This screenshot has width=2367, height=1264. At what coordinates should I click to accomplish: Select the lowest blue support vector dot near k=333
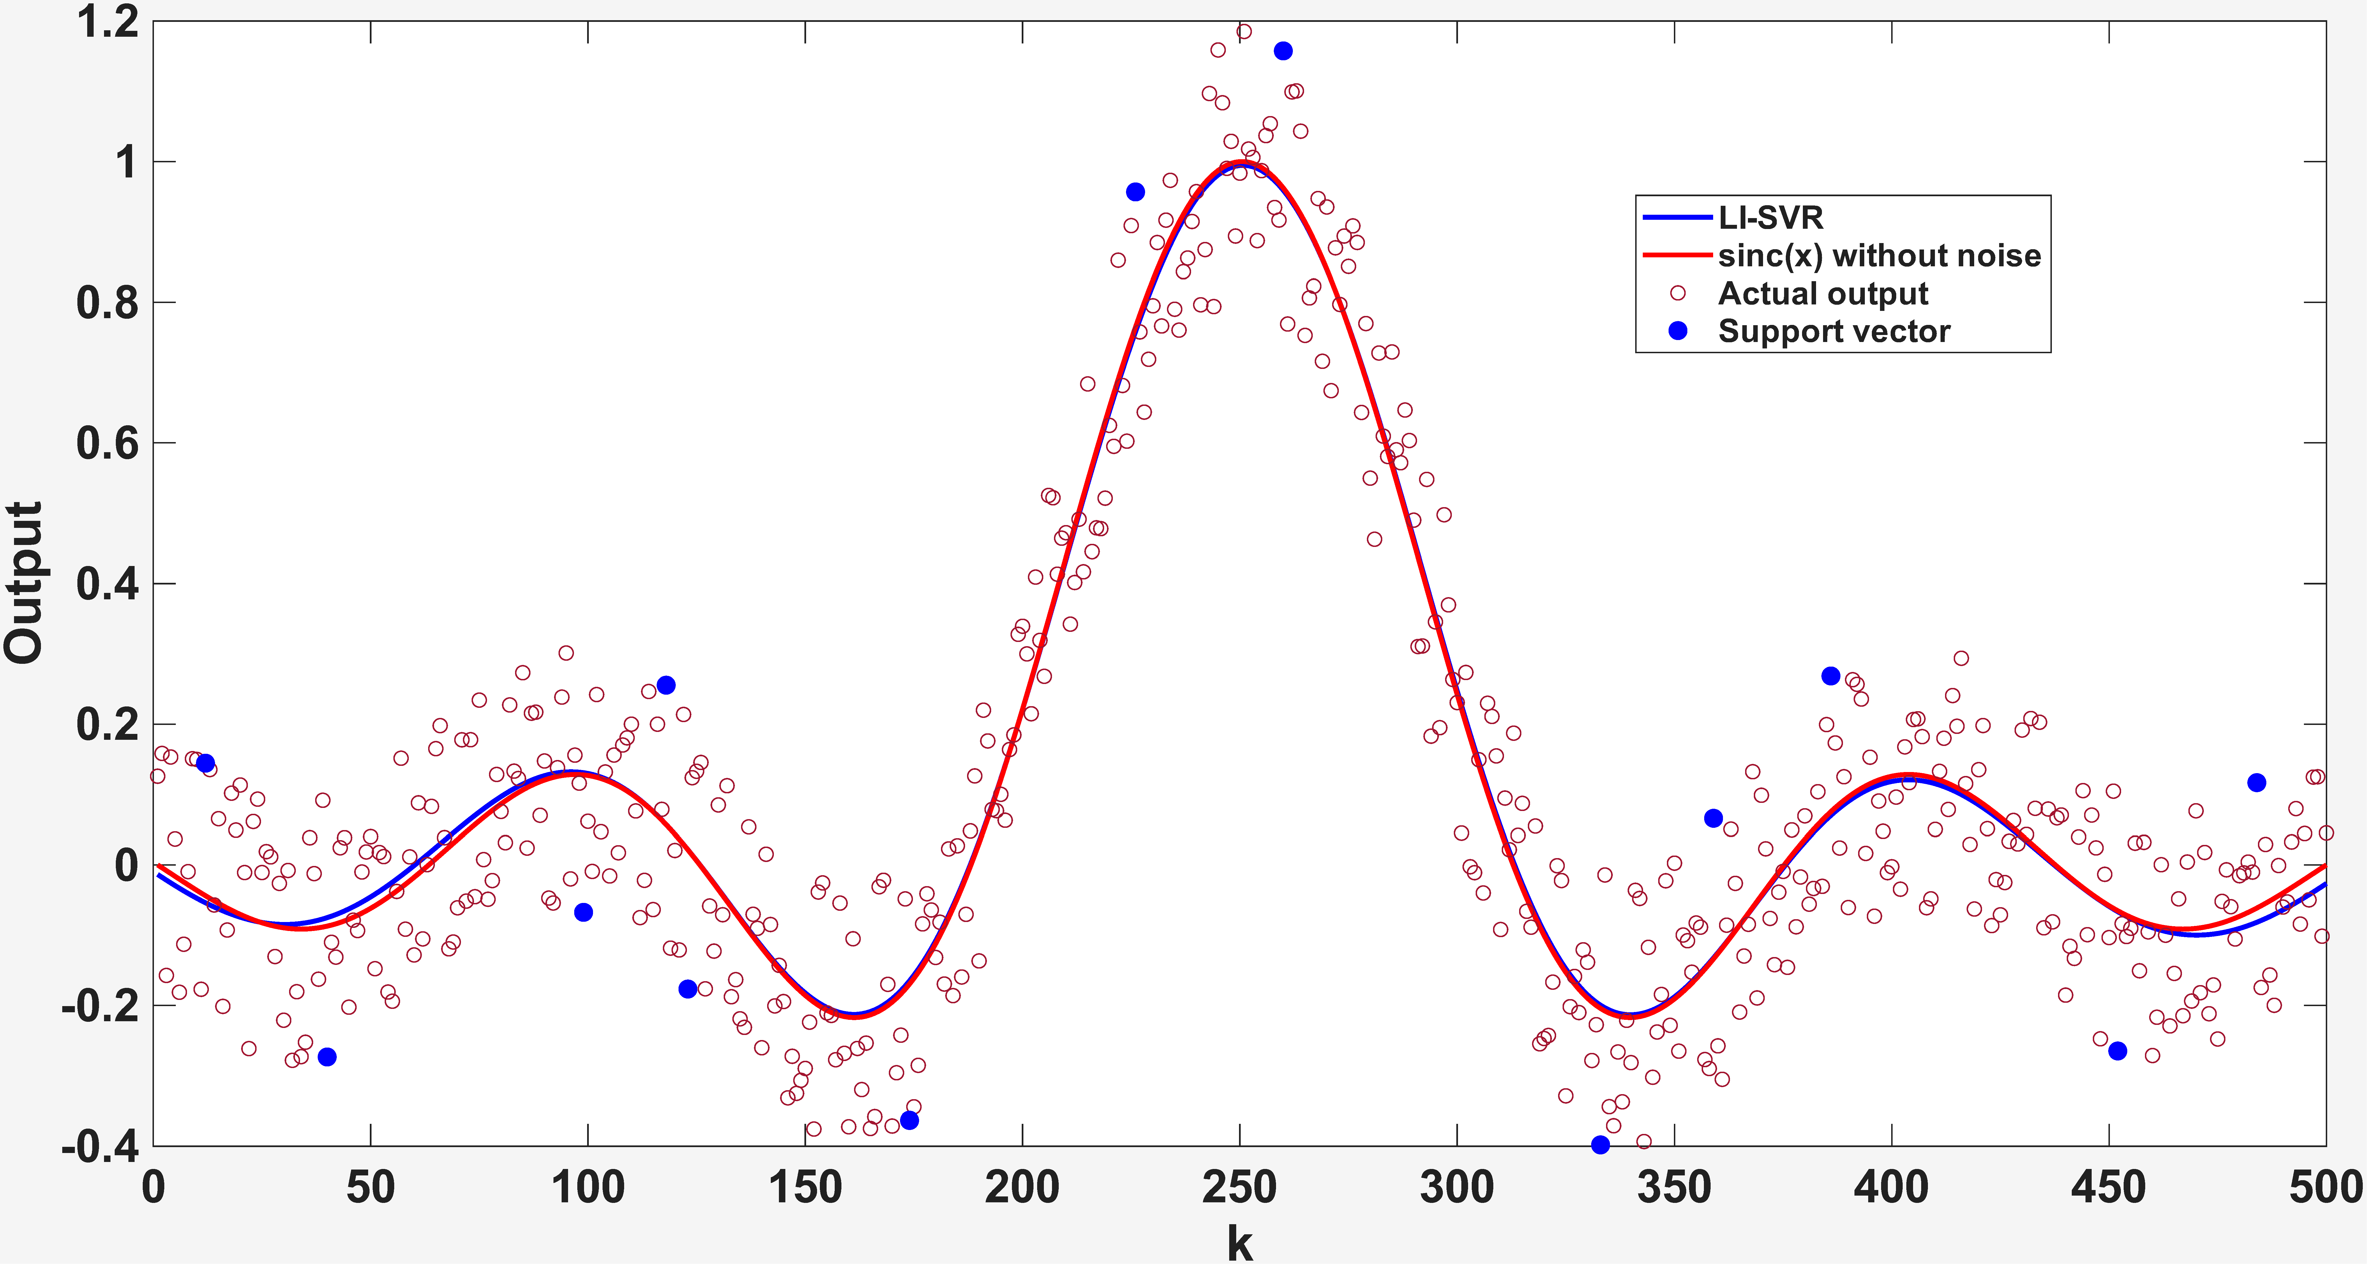tap(1600, 1145)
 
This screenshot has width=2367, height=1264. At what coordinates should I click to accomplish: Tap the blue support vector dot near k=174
tap(909, 1120)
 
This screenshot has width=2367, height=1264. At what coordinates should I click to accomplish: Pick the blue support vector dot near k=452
tap(2117, 1051)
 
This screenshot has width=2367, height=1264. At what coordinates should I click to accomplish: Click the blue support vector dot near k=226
tap(1135, 192)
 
